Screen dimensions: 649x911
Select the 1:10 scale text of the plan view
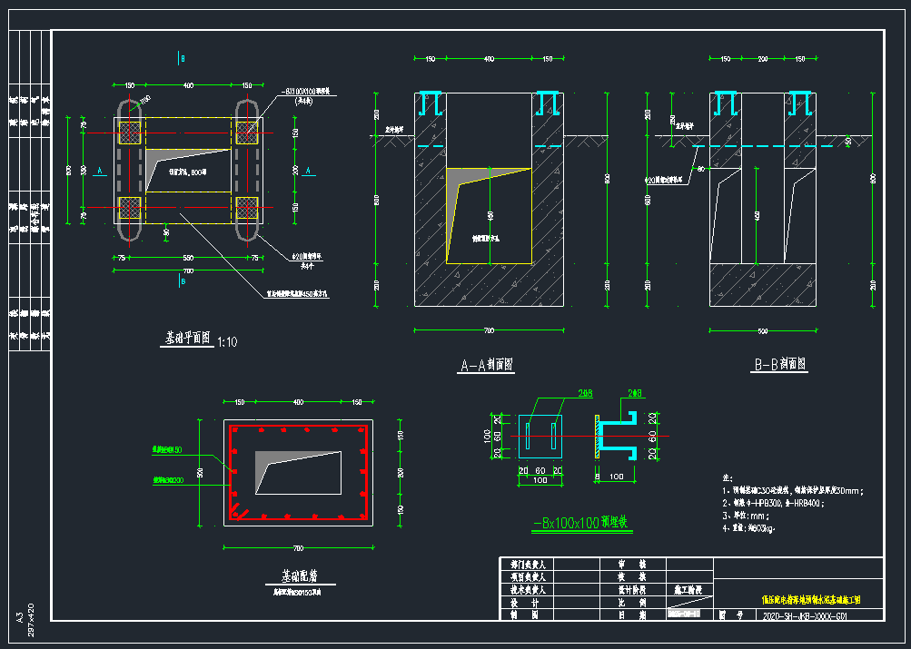[227, 342]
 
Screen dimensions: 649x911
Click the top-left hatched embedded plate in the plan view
[131, 132]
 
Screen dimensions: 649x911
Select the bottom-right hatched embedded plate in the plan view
[247, 206]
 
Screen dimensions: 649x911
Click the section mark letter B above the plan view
[183, 58]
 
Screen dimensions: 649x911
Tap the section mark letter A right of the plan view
[309, 170]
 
